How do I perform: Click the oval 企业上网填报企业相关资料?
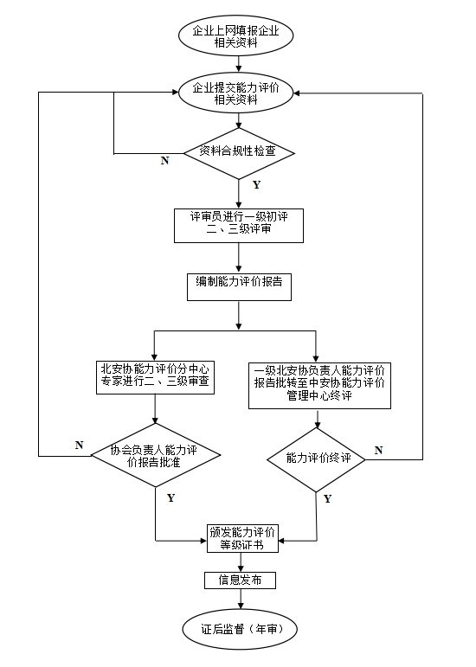pyautogui.click(x=237, y=36)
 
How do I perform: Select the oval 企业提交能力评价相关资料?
pyautogui.click(x=237, y=93)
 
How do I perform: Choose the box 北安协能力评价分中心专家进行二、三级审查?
pyautogui.click(x=154, y=375)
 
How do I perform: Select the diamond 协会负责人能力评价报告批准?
pyautogui.click(x=154, y=456)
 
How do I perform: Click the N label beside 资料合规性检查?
pyautogui.click(x=164, y=161)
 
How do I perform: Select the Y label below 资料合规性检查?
pyautogui.click(x=256, y=185)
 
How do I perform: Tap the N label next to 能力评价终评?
pyautogui.click(x=378, y=450)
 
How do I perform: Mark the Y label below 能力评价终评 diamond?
pyautogui.click(x=327, y=499)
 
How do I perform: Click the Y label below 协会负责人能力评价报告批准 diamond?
pyautogui.click(x=170, y=497)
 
